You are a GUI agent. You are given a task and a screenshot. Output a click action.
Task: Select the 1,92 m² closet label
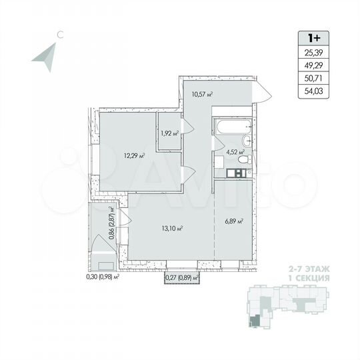pos(170,133)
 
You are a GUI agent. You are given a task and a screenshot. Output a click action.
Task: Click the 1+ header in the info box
pos(313,39)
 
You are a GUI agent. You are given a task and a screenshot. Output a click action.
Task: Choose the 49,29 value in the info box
pos(313,67)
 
